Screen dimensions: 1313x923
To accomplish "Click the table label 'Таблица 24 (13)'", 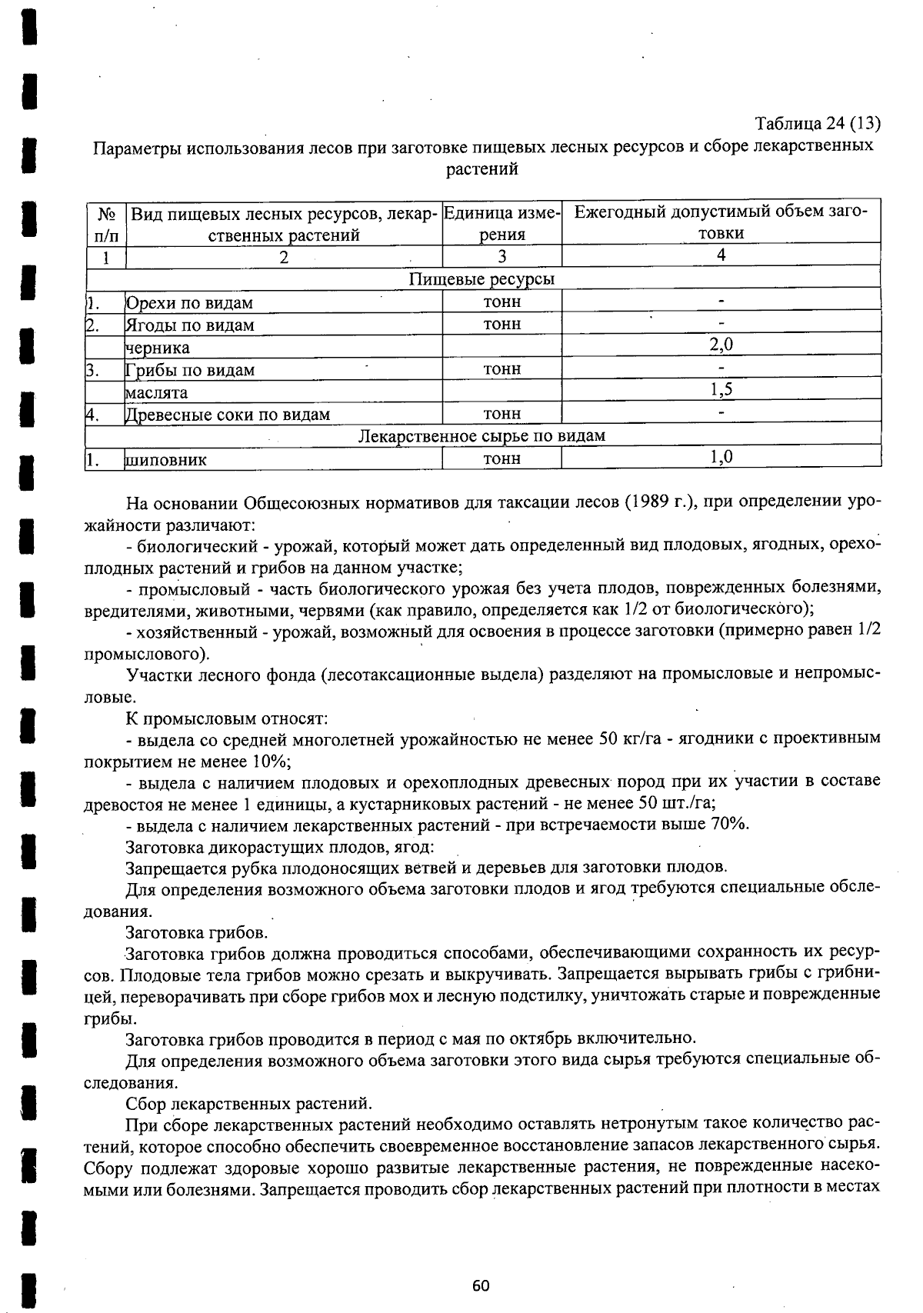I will pos(817,124).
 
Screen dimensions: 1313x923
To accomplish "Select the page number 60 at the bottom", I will pos(481,1285).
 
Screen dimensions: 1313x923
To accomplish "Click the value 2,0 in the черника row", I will pos(721,345).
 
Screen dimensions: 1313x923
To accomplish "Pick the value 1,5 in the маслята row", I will pos(721,389).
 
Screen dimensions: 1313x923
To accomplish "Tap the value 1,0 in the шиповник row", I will pos(721,457).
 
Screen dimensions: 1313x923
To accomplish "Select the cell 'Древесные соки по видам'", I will pos(228,415).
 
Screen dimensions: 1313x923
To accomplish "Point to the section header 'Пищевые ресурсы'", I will pos(481,278).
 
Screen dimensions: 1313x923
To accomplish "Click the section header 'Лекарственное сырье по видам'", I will pos(481,435).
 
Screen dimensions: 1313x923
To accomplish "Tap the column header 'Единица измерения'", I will pos(502,223).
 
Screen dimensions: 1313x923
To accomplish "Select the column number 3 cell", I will pos(502,256).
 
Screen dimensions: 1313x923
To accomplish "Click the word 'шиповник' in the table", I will pos(166,460).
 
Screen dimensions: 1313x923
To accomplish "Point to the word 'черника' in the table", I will pos(158,348).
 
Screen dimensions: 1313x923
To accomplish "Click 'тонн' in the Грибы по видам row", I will pos(502,368).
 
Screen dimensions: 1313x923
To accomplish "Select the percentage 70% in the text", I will pos(730,824).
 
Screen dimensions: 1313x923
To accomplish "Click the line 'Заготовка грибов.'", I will pos(197,933).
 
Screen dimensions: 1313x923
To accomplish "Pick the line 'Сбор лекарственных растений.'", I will pos(249,1104).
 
